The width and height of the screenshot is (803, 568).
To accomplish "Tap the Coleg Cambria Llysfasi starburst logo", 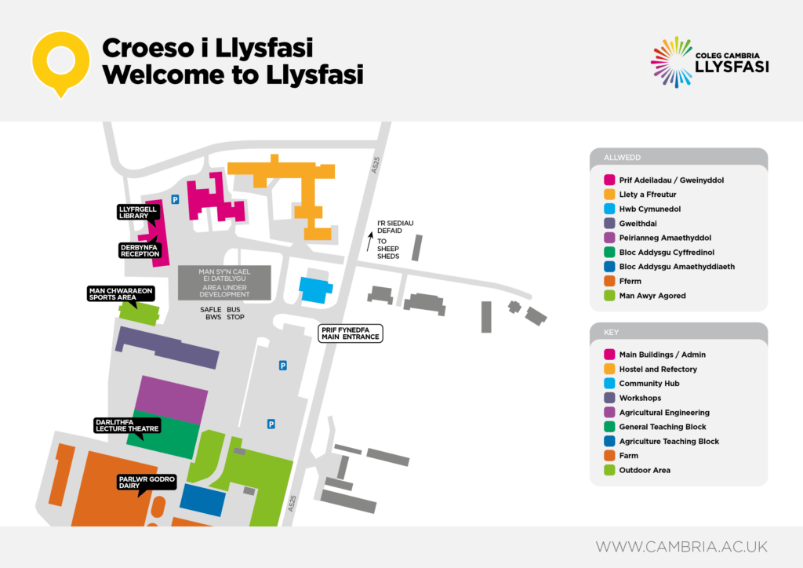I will pyautogui.click(x=671, y=60).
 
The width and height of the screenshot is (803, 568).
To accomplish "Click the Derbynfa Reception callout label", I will pyautogui.click(x=140, y=250).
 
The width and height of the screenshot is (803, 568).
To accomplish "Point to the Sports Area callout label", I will pyautogui.click(x=120, y=293).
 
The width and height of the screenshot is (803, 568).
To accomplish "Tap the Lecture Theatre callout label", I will pyautogui.click(x=127, y=424).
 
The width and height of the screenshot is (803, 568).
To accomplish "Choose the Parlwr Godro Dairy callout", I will pyautogui.click(x=147, y=482).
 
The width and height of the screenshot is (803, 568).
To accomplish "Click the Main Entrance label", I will pyautogui.click(x=350, y=333).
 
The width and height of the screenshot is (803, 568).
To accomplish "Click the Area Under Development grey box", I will pyautogui.click(x=224, y=282).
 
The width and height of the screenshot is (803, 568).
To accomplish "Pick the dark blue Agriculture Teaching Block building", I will pyautogui.click(x=202, y=500).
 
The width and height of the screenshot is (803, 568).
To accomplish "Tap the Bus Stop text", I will pyautogui.click(x=235, y=314).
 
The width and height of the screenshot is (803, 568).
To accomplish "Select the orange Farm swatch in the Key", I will pyautogui.click(x=609, y=455).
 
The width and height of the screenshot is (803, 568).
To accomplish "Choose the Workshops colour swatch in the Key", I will pyautogui.click(x=609, y=398).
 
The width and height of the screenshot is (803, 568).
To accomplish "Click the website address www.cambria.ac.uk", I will pyautogui.click(x=681, y=546).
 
